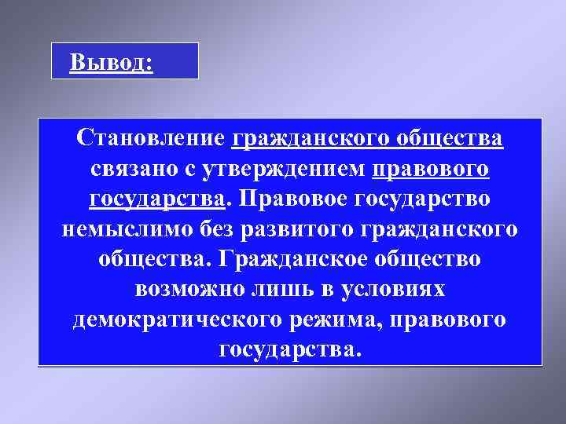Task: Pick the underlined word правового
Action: [432, 169]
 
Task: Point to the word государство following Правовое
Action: [425, 199]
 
